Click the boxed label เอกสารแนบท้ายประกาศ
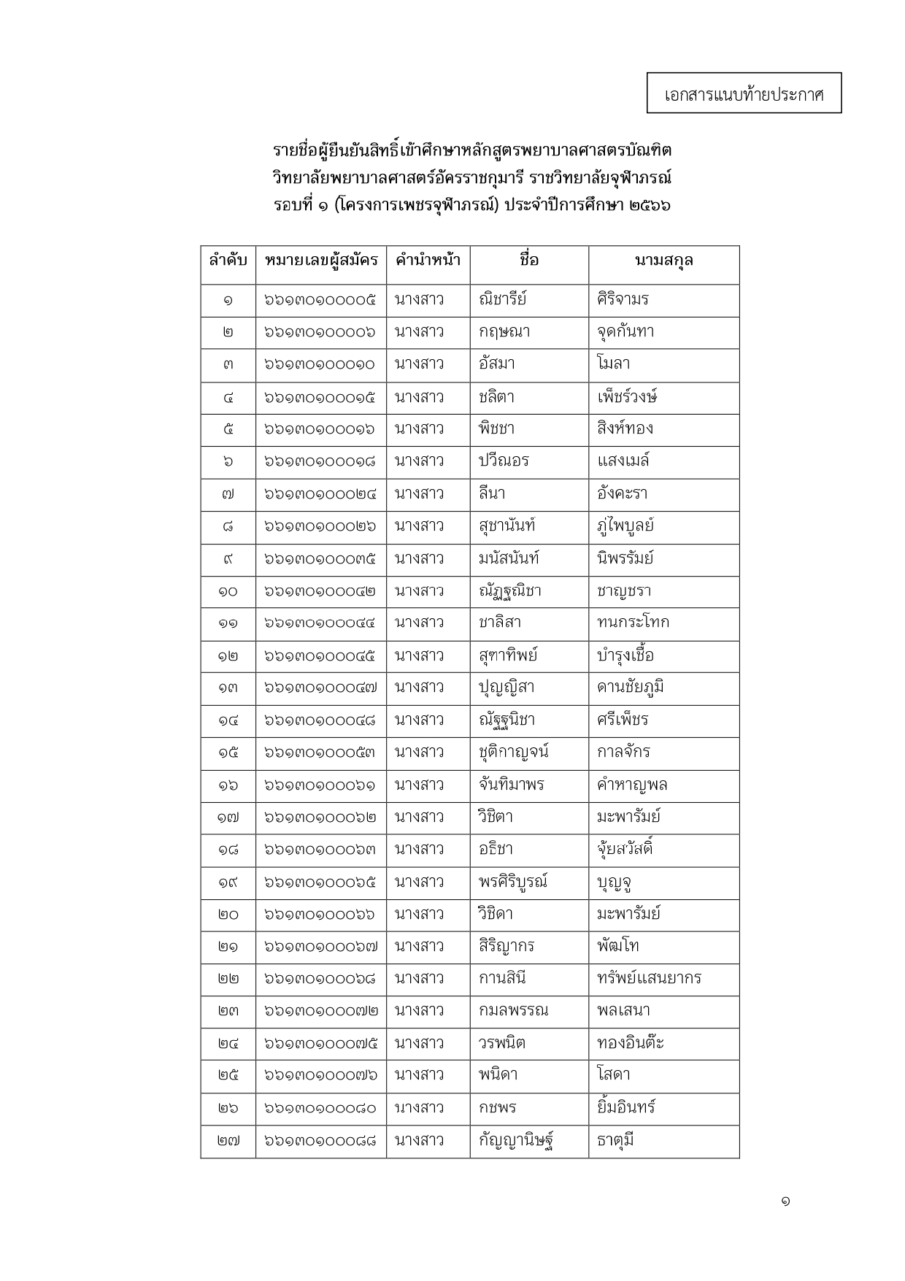click(x=744, y=93)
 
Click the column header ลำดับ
click(x=228, y=261)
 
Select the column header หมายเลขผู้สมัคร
click(x=320, y=261)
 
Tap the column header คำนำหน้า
click(x=428, y=261)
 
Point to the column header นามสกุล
click(x=663, y=261)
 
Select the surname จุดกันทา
click(x=625, y=331)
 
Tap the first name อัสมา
click(x=496, y=363)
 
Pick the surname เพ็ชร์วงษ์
click(x=627, y=396)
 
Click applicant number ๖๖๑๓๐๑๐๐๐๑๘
click(x=320, y=461)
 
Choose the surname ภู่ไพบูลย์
click(x=625, y=526)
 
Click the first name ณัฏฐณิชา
click(x=509, y=591)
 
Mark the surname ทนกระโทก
click(x=632, y=623)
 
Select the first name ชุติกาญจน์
click(x=513, y=752)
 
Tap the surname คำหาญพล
click(x=631, y=785)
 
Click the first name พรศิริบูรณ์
click(x=512, y=882)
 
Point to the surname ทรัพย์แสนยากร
click(x=648, y=978)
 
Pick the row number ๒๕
click(x=228, y=1075)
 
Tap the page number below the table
click(x=785, y=1201)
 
